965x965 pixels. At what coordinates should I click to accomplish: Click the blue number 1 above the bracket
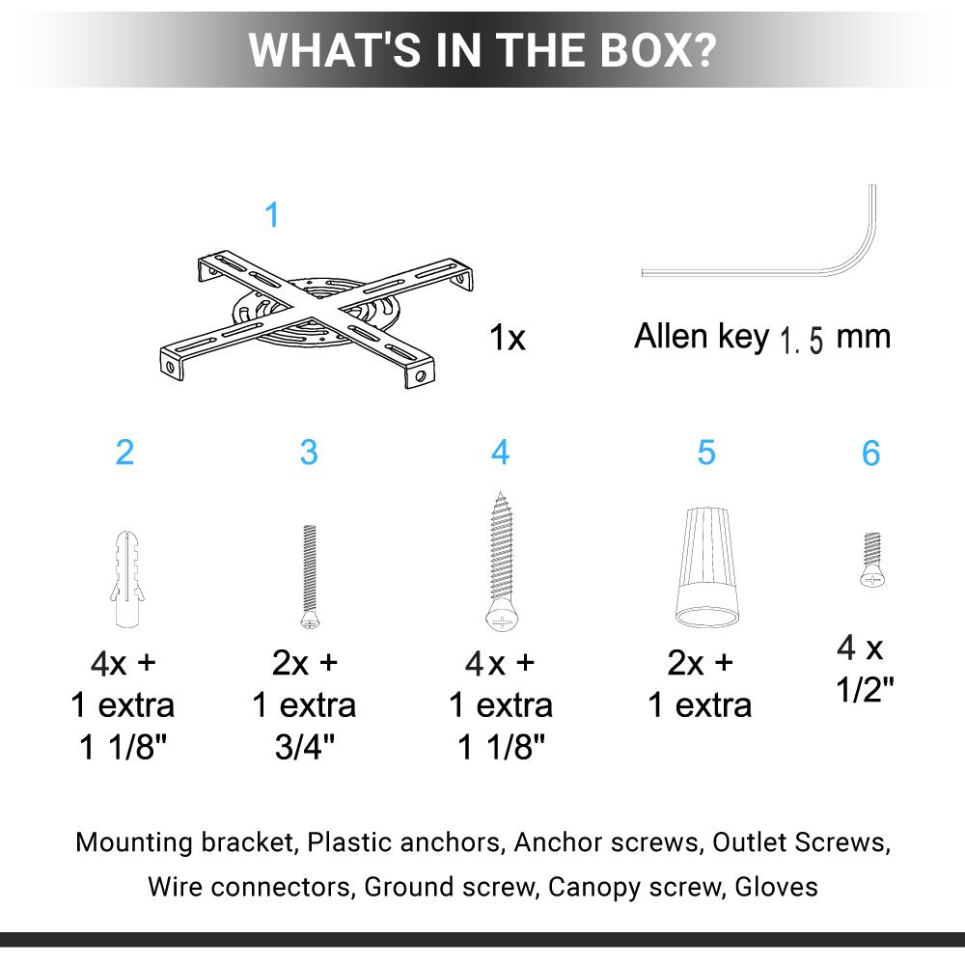click(271, 215)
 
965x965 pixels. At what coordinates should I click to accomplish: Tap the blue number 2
click(124, 453)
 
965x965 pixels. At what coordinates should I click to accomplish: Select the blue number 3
click(309, 453)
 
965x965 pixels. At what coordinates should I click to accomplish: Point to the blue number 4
click(500, 453)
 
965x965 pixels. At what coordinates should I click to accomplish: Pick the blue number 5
click(706, 453)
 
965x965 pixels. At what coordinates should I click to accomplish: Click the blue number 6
click(870, 454)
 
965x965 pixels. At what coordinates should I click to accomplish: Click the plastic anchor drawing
click(127, 578)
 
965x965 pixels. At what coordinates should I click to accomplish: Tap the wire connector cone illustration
click(706, 566)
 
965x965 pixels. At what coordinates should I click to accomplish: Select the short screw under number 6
click(872, 560)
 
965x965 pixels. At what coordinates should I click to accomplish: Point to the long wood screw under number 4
click(502, 562)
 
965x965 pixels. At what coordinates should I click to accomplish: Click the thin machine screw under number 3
click(310, 577)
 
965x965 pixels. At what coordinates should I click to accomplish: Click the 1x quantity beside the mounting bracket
click(508, 338)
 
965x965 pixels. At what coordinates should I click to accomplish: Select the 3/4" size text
click(304, 747)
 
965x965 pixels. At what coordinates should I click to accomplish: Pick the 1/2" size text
click(865, 689)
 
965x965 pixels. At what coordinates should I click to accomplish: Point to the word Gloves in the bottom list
click(776, 887)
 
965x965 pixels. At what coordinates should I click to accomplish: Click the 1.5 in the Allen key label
click(801, 340)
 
